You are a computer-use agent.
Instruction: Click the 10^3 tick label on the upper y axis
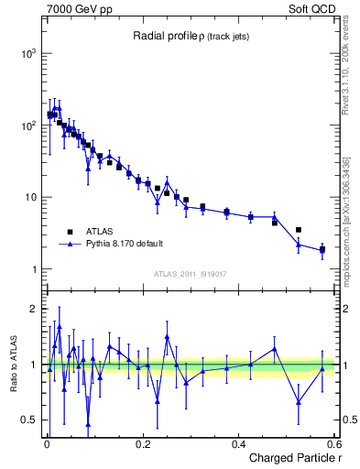click(x=27, y=54)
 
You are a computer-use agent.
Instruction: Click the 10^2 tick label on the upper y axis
click(x=27, y=125)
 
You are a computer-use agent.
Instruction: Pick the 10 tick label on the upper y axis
click(x=31, y=198)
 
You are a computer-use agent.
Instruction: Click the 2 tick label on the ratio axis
click(x=34, y=309)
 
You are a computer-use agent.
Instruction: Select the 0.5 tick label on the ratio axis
click(x=29, y=420)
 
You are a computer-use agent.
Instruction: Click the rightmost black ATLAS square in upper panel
click(x=322, y=249)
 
